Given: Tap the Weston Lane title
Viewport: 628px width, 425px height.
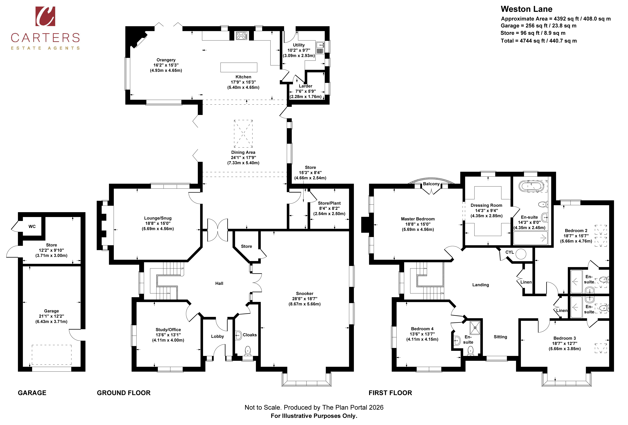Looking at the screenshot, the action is pos(526,9).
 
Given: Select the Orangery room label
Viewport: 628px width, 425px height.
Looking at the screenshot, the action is pos(166,60).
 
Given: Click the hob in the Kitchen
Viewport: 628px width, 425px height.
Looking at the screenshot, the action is pos(242,36).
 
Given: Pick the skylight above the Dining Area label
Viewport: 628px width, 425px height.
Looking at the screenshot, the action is pos(243,133).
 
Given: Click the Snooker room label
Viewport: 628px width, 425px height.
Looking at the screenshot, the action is pos(305,293).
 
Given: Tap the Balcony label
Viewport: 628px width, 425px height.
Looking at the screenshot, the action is pos(431,184).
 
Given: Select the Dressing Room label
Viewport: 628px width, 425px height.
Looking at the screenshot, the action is pos(486,205).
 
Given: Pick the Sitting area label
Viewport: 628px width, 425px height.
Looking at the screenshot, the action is pos(500,337).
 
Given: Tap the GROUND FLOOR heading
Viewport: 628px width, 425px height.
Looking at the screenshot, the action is pos(124,393).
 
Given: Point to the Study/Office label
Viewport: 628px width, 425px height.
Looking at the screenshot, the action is pos(168,329).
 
